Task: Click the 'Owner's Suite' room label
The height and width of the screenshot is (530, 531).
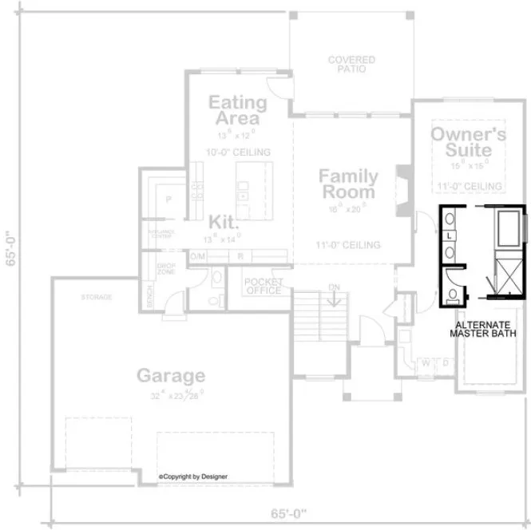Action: click(x=468, y=141)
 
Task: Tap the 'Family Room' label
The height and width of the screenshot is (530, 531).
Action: click(x=347, y=184)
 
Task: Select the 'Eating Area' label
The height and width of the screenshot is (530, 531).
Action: click(x=237, y=110)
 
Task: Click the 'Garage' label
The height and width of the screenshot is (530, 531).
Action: click(x=170, y=375)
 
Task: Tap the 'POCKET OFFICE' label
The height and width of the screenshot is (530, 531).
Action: click(x=263, y=286)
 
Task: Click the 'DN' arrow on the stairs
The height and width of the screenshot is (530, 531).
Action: click(x=335, y=294)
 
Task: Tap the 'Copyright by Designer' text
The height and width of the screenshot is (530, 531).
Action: click(x=192, y=477)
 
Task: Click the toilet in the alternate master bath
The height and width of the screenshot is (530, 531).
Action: click(x=453, y=295)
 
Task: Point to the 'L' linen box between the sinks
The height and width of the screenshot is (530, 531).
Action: click(x=450, y=236)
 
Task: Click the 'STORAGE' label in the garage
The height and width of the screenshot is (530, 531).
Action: click(x=96, y=298)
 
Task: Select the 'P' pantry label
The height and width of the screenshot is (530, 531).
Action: click(x=168, y=199)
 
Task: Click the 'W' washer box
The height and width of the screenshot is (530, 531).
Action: click(x=426, y=364)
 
